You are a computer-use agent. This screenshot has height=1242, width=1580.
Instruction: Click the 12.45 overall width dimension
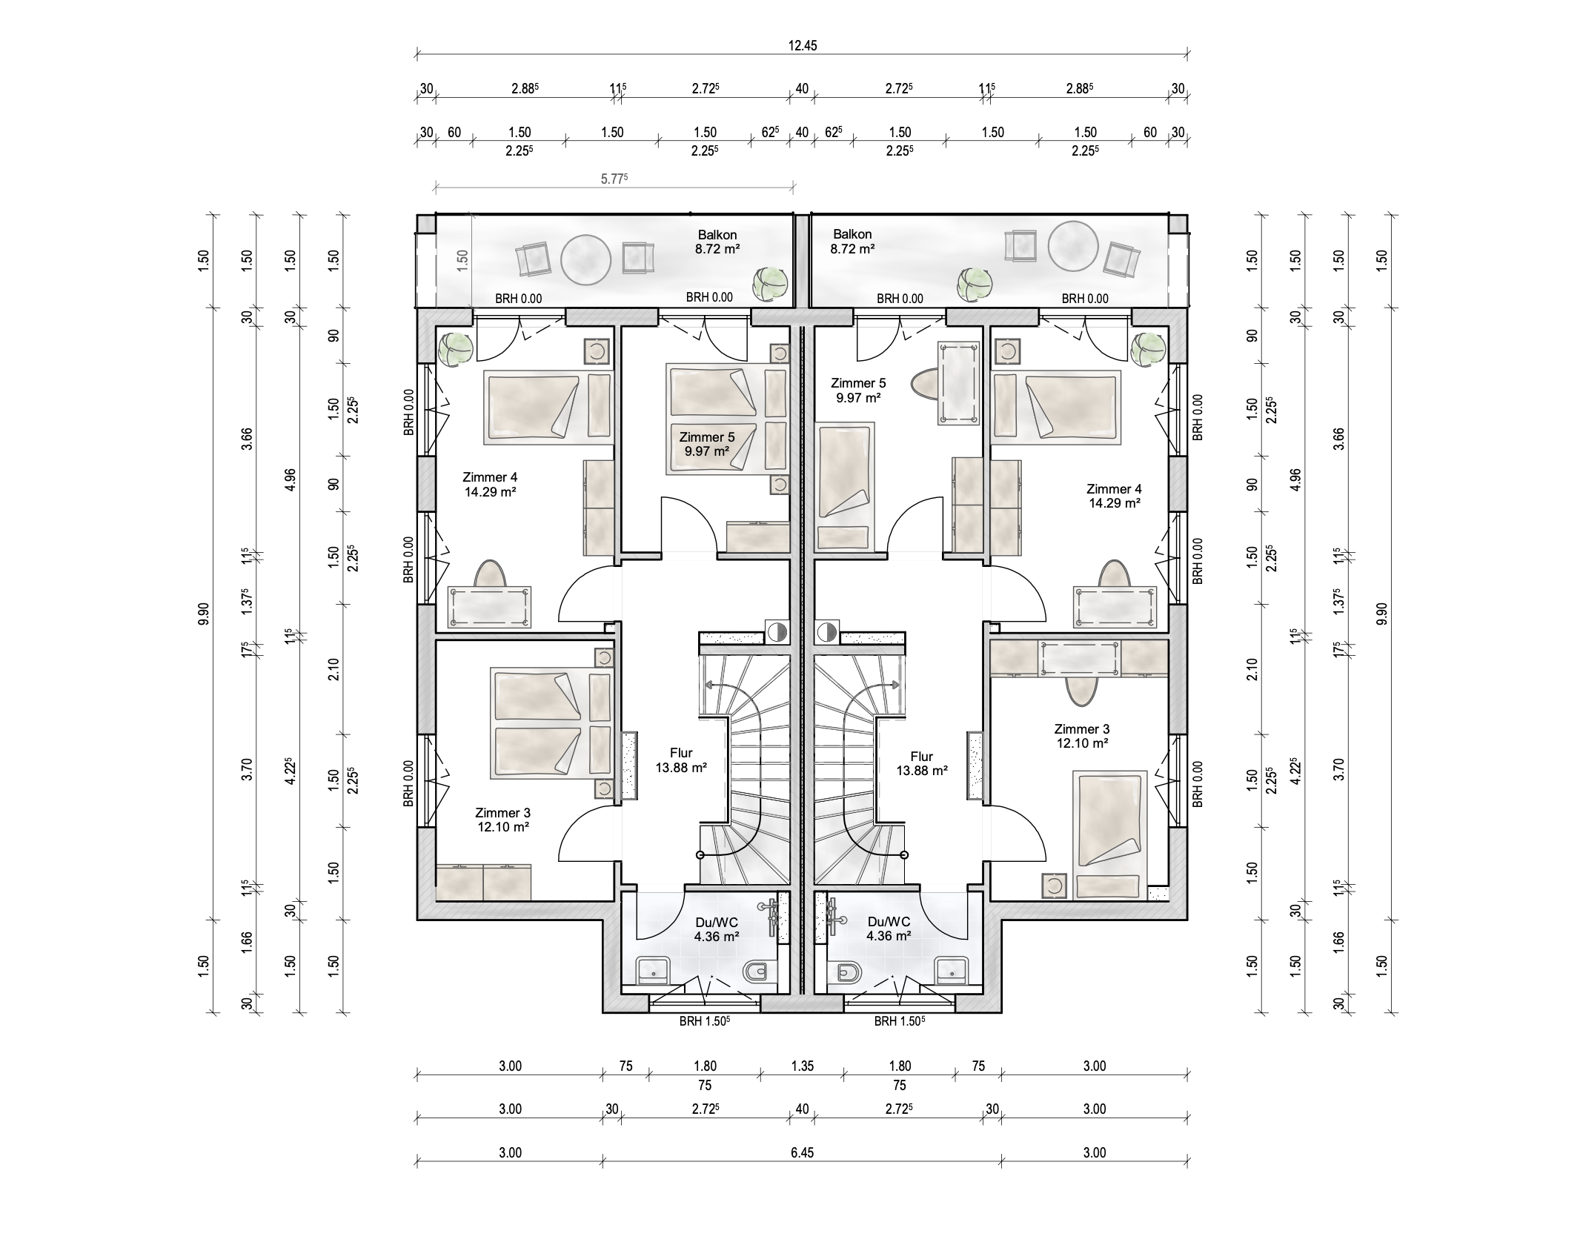[802, 46]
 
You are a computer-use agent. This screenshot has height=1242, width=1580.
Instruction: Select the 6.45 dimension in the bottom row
[802, 1152]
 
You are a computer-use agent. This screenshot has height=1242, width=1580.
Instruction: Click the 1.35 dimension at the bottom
[802, 1066]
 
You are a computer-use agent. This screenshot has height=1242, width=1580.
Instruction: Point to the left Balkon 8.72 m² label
[717, 242]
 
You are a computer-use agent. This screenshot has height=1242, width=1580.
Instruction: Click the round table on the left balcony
[585, 259]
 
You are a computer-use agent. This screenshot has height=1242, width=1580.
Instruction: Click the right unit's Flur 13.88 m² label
[922, 763]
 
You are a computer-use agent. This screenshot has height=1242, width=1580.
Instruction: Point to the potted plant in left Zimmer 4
[455, 348]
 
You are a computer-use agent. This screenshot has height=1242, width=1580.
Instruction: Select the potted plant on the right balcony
[974, 285]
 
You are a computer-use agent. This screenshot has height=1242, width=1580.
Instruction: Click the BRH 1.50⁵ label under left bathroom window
[705, 1021]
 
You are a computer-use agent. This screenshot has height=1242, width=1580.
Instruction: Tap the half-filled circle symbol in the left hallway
[776, 632]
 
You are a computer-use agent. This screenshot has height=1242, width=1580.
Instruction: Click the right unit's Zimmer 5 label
[858, 391]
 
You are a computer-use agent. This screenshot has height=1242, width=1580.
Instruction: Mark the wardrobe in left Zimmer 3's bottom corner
[483, 882]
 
